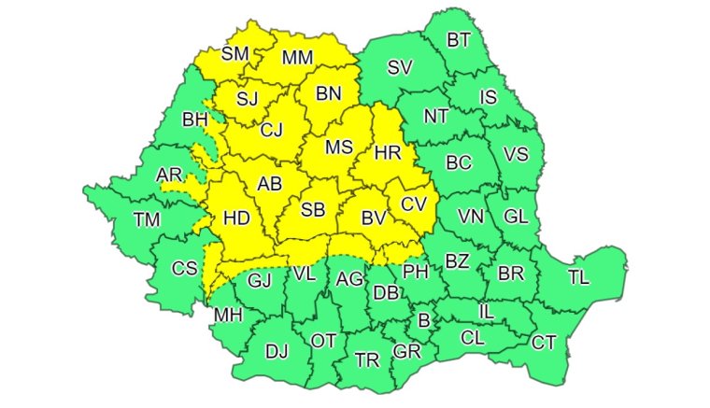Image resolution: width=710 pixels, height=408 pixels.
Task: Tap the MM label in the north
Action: [x=297, y=58]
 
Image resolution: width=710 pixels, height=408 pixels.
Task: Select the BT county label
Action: [x=459, y=40]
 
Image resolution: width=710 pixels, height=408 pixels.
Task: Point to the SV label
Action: [x=400, y=67]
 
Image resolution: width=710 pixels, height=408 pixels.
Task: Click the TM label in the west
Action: [x=147, y=220]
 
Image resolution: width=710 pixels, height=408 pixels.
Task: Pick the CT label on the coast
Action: [x=544, y=343]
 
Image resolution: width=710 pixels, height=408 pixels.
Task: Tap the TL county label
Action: [x=578, y=277]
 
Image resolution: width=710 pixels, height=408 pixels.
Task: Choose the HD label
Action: [x=236, y=218]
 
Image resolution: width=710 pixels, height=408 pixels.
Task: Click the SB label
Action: [x=313, y=212]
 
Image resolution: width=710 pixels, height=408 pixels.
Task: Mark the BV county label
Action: [x=374, y=219]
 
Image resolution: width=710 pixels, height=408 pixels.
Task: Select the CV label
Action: [x=414, y=204]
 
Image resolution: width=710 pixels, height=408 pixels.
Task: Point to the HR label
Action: [x=386, y=152]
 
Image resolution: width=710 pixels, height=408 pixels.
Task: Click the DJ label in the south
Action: [x=277, y=352]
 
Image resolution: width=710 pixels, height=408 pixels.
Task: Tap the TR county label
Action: [x=366, y=359]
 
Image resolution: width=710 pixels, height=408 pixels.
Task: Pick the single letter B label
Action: [x=424, y=321]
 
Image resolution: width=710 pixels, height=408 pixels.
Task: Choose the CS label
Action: [x=184, y=269]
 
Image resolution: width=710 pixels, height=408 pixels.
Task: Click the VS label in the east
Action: [x=516, y=155]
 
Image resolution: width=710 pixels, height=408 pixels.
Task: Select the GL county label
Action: [x=516, y=216]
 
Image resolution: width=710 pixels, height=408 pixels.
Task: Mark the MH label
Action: [x=228, y=316]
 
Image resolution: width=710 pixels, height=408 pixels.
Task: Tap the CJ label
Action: [x=271, y=131]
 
